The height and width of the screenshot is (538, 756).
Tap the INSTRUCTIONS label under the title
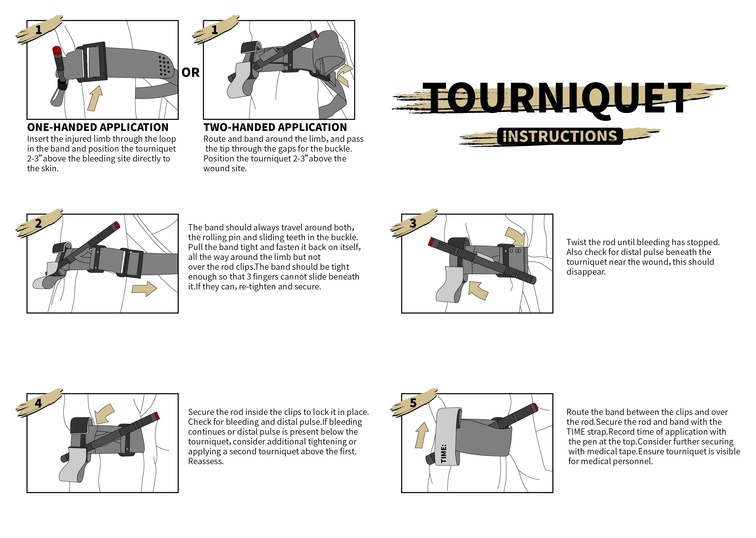pos(560,136)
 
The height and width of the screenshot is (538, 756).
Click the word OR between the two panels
pos(191,73)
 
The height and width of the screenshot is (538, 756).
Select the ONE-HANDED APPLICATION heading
pos(98,127)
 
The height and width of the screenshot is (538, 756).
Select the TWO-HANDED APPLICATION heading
pos(275,127)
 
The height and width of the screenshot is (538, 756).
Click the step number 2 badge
pos(38,223)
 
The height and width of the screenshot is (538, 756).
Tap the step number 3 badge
pos(413,223)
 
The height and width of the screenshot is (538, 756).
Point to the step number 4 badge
pos(38,403)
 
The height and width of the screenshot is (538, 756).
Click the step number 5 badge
pos(413,403)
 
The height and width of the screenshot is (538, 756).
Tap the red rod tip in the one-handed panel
pos(57,50)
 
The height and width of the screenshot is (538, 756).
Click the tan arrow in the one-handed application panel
pos(95,98)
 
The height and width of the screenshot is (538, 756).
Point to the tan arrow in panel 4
pos(105,413)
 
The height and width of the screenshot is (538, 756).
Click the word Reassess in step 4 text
pos(205,461)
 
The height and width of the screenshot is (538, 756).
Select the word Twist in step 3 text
pos(576,242)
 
